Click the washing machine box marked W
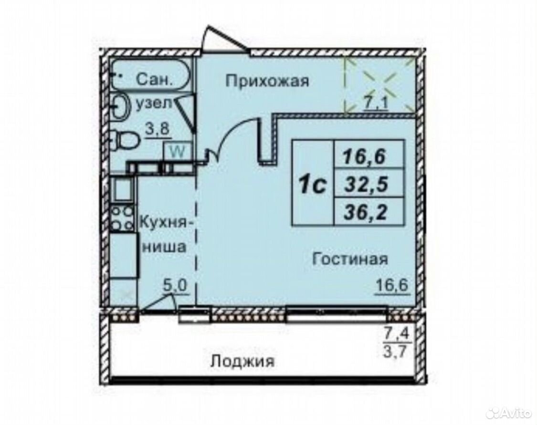177,151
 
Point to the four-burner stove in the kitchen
122,218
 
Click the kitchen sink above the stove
122,189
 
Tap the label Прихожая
267,81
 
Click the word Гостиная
350,259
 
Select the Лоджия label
242,362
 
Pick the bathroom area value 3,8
158,130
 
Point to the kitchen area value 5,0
174,286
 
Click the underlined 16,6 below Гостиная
393,285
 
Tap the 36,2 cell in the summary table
366,213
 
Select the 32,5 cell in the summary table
366,184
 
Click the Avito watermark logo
511,413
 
